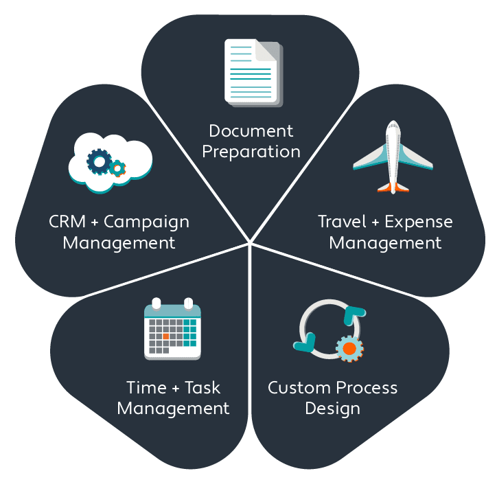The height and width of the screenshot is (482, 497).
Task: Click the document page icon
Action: coord(252,71)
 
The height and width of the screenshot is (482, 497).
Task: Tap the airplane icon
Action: coord(393,157)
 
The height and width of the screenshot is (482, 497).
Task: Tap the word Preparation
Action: coord(251,152)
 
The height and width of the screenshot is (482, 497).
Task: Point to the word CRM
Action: coord(67,222)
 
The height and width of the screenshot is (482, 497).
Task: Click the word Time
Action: coord(146,387)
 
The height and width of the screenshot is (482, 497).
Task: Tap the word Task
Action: coord(203,387)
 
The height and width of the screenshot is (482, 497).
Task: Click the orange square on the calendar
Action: coord(165,336)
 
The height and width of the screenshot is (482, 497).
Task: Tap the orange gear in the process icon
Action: coord(349,348)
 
